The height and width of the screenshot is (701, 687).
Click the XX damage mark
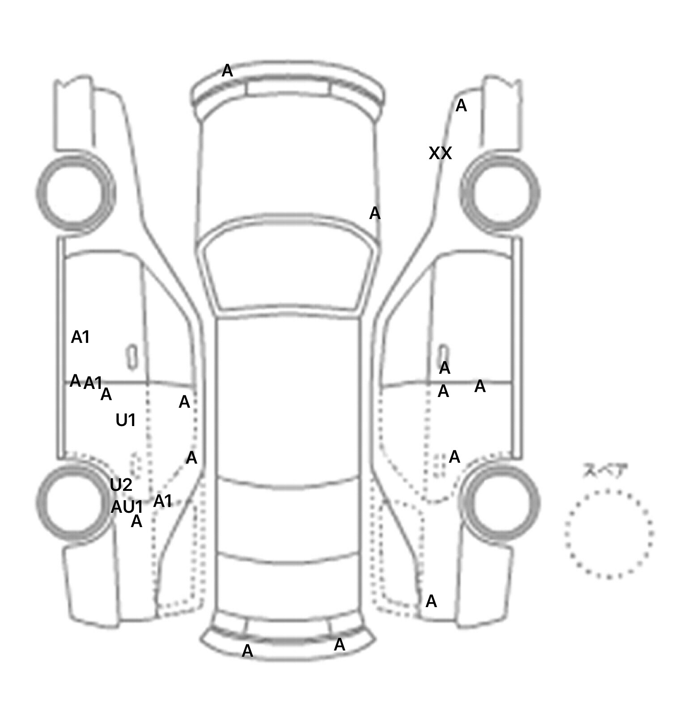coord(440,153)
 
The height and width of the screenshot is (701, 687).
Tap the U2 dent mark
coord(121,485)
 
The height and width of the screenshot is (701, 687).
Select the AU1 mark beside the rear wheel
coord(127,507)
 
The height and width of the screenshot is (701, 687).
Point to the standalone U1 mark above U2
coord(126,420)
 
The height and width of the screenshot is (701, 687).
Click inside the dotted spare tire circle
coord(609,534)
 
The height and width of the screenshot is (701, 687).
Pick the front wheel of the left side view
coord(75,193)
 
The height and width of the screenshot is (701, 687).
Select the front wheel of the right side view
coord(500,193)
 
